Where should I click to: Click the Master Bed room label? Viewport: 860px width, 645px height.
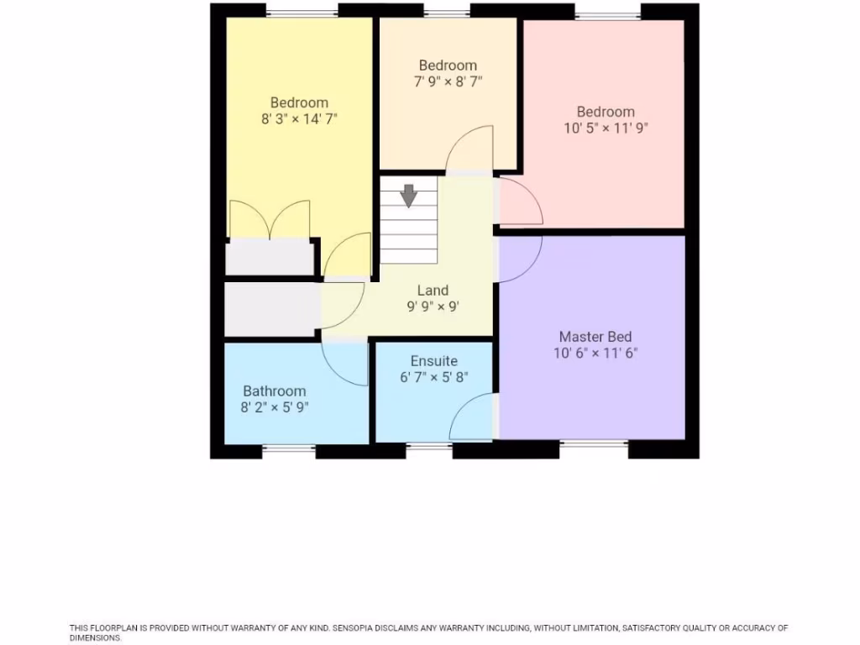click(x=595, y=337)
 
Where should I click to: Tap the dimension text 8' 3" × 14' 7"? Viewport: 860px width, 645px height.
click(x=299, y=119)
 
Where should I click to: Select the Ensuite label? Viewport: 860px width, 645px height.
click(x=433, y=360)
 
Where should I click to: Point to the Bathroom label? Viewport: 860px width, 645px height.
click(x=275, y=391)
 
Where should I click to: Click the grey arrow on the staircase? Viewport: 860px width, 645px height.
click(x=409, y=195)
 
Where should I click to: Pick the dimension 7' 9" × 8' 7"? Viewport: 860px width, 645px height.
click(x=448, y=81)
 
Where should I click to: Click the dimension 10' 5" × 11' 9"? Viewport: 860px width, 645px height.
click(x=606, y=128)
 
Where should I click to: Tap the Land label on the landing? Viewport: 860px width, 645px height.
click(x=433, y=291)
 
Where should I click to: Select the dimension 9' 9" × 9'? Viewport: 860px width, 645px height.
click(x=433, y=307)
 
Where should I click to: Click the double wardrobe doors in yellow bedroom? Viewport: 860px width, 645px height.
click(x=270, y=220)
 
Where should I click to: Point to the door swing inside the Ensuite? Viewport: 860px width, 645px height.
click(x=473, y=418)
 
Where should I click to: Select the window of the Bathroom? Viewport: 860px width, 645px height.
click(x=289, y=451)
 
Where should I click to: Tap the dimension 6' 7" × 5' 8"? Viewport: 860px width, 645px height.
click(x=433, y=377)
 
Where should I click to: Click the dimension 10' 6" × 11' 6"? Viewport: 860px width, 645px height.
click(x=595, y=354)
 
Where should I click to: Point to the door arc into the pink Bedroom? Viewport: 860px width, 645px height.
click(x=521, y=202)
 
